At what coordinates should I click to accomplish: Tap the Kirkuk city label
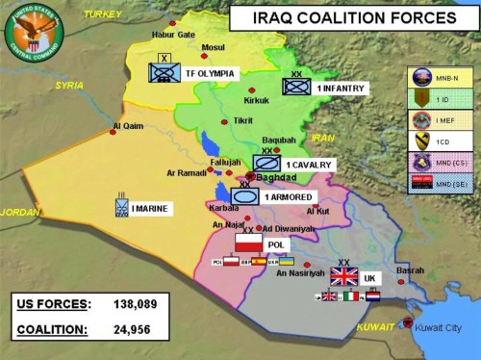tap(256, 100)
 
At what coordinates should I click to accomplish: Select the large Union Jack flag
tap(343, 276)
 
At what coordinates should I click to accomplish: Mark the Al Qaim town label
tap(127, 125)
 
